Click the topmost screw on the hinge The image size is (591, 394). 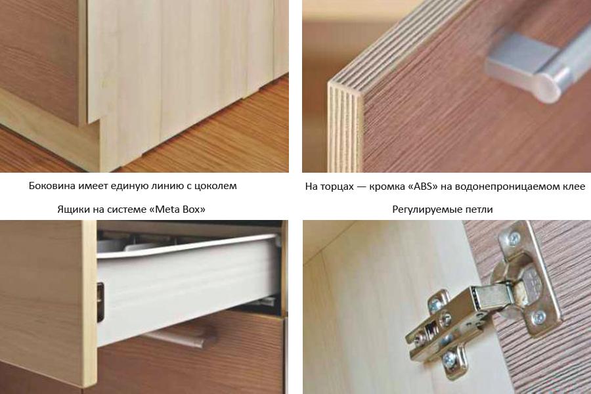point(514,238)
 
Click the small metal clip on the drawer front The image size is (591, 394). point(100,301)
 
